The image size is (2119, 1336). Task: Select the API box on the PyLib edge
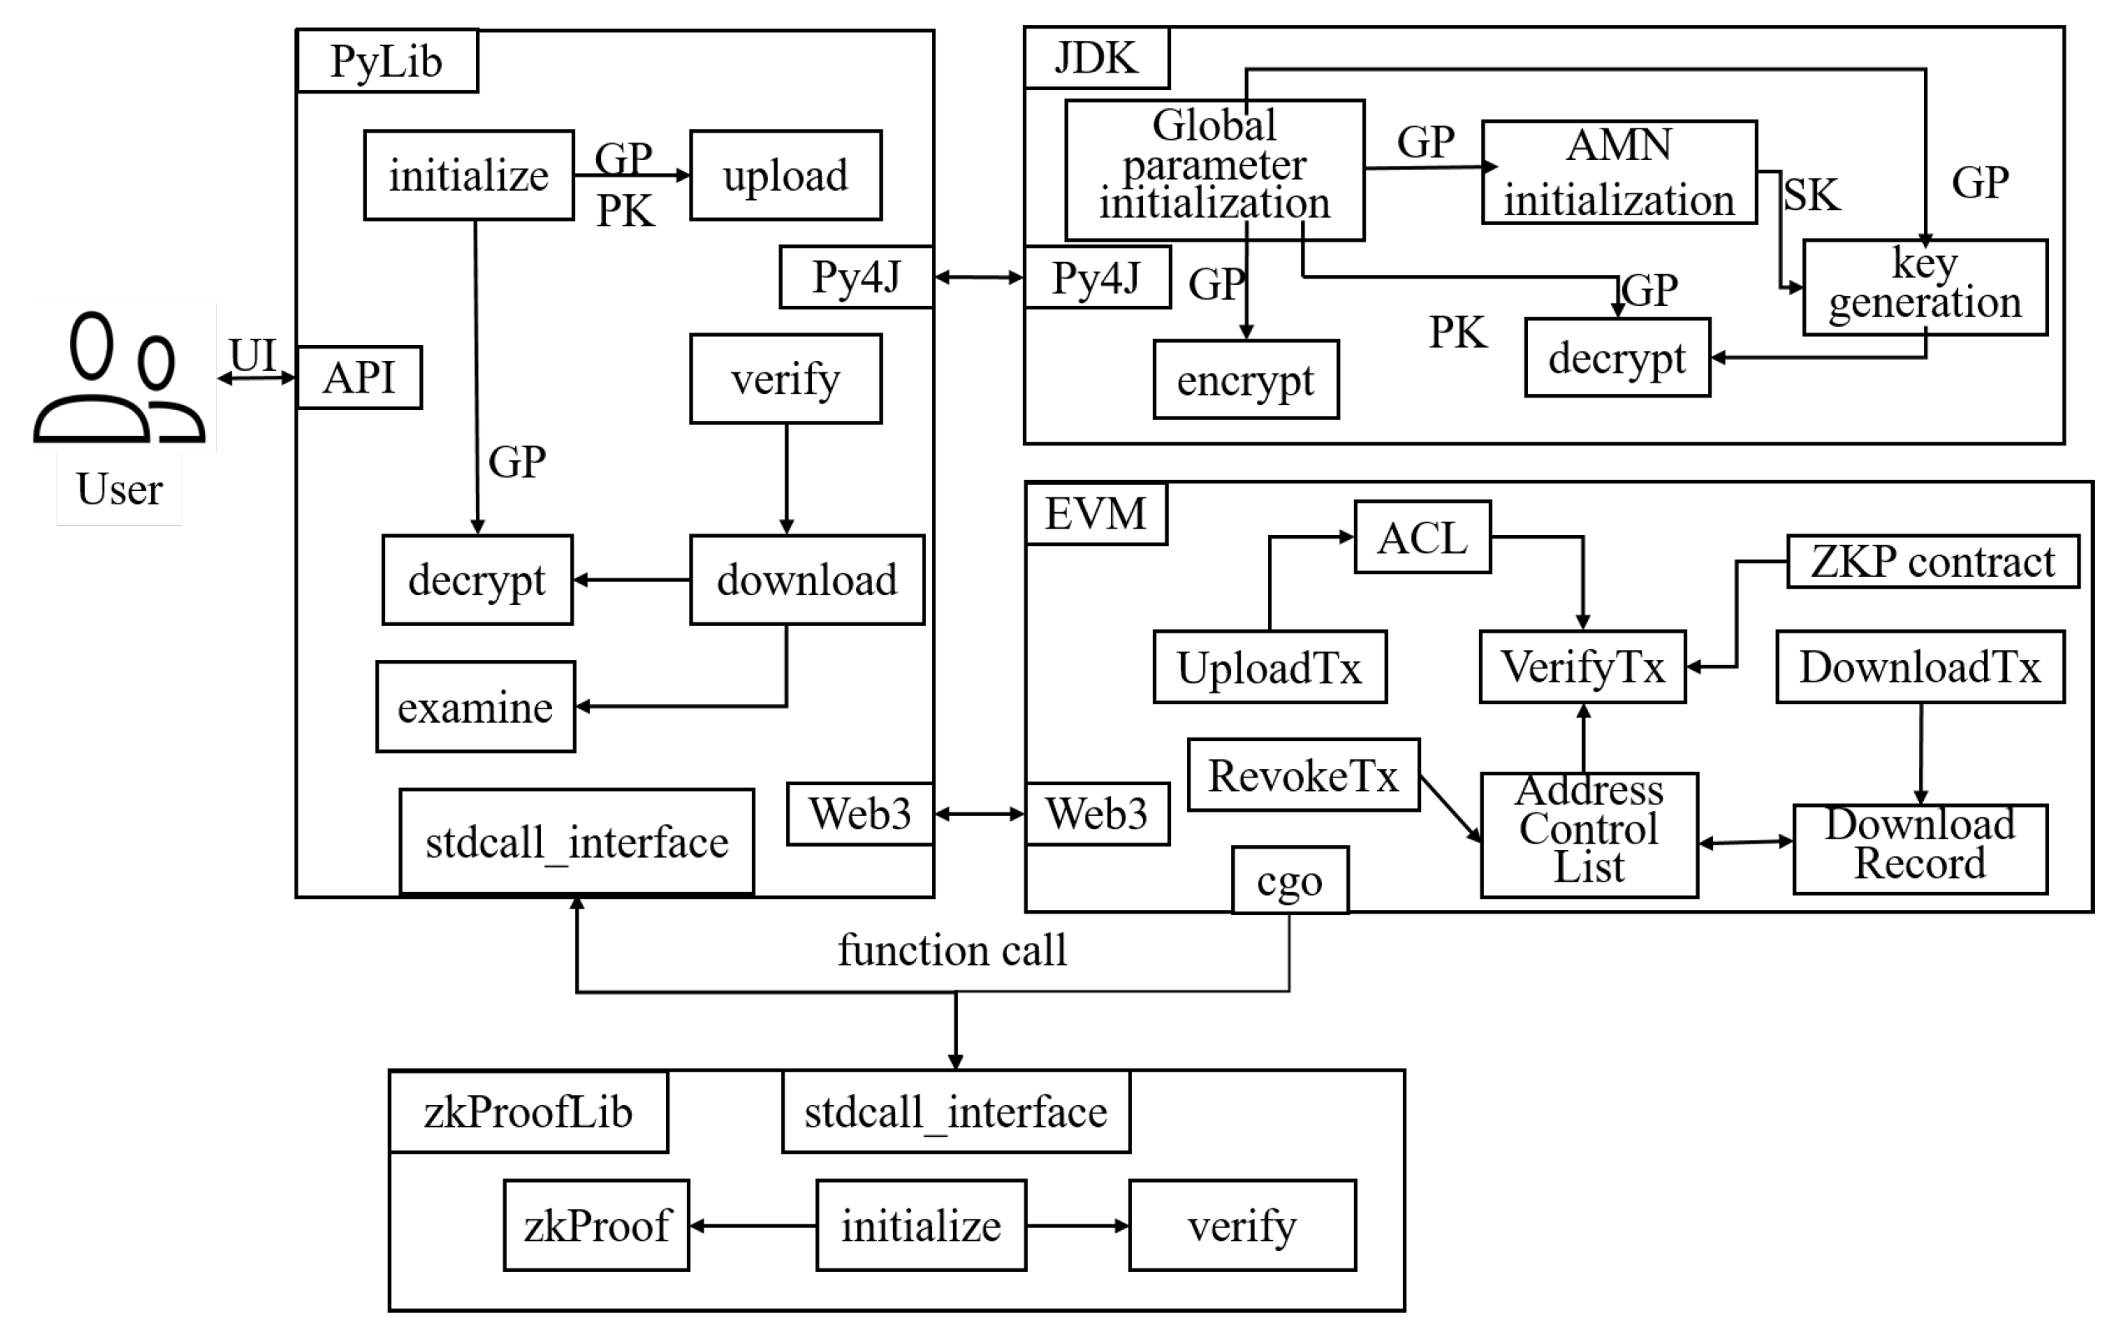[359, 378]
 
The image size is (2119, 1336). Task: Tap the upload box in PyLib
[785, 175]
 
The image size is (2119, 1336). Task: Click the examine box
[475, 707]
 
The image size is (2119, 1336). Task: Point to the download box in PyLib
[806, 580]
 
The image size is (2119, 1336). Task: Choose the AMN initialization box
[1618, 173]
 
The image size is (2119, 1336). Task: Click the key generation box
[1924, 287]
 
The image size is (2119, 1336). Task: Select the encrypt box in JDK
[1245, 379]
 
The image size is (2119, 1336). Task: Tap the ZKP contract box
[1931, 562]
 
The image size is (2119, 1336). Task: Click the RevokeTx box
[1302, 775]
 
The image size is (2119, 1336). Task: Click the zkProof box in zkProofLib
[596, 1225]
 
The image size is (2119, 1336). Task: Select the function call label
[951, 950]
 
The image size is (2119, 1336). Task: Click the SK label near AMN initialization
[1811, 194]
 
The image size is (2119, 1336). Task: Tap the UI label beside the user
[253, 355]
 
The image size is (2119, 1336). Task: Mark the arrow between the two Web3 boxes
[979, 814]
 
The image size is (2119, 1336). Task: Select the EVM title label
[1095, 514]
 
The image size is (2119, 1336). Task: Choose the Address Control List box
[1588, 834]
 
